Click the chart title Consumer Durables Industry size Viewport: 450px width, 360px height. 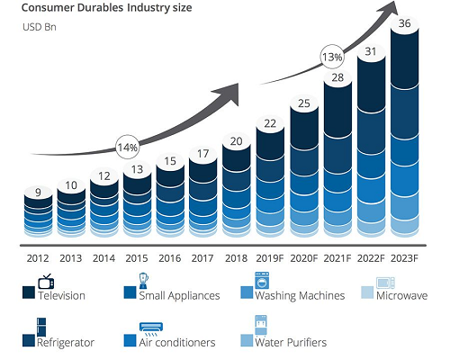106,8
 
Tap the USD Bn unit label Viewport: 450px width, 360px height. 40,27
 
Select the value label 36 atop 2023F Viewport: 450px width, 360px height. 404,23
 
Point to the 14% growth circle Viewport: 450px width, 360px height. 128,148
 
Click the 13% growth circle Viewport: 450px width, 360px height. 332,57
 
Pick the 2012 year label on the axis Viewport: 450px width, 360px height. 38,258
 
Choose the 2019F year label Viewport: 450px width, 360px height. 270,258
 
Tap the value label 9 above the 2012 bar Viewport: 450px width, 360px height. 38,192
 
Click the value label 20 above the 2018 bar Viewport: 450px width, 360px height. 236,141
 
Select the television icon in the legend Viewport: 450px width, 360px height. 46,281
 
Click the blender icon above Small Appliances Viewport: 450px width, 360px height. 144,281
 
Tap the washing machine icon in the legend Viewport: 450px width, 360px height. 262,281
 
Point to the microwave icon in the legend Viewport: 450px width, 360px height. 385,283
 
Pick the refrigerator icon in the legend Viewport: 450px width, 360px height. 41,327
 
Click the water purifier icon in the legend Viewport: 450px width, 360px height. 261,325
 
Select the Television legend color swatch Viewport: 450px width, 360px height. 29,292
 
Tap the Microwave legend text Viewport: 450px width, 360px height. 402,295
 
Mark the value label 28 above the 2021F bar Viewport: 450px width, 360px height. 337,77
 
